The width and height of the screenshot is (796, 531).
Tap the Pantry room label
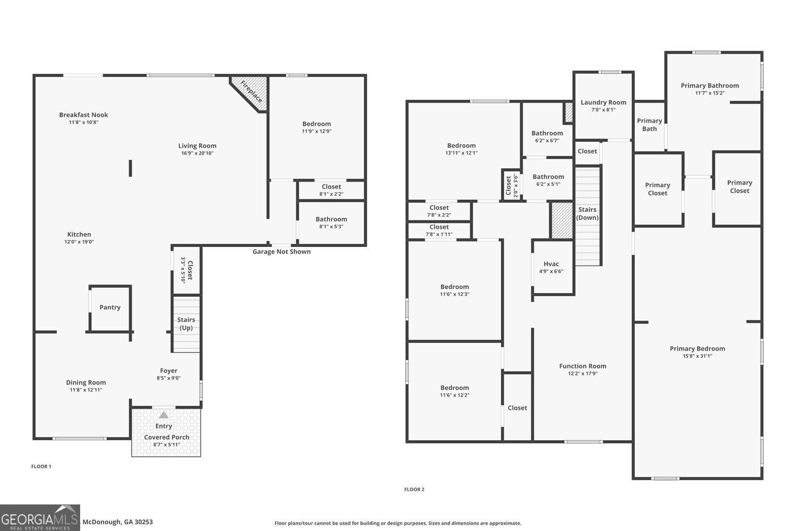point(110,307)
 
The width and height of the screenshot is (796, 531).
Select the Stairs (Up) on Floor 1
point(186,324)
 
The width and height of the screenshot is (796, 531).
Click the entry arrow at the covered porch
point(164,415)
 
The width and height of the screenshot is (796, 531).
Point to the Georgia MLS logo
point(40,518)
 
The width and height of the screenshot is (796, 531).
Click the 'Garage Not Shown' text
point(281,252)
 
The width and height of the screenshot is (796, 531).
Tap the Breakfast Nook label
point(83,115)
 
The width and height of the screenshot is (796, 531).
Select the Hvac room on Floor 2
point(551,267)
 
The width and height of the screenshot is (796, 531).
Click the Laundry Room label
point(603,102)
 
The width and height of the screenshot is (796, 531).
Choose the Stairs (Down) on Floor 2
point(587,213)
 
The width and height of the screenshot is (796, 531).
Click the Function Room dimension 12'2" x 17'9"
point(583,374)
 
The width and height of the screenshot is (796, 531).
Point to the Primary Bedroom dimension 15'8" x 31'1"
point(697,356)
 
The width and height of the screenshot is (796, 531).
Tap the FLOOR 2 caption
point(414,490)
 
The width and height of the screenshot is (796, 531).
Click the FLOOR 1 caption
point(41,467)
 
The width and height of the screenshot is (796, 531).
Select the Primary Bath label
point(650,125)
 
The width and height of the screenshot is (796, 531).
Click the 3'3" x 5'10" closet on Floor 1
point(187,270)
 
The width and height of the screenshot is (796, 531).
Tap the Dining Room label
point(86,382)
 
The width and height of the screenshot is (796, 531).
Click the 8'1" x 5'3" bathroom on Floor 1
point(331,222)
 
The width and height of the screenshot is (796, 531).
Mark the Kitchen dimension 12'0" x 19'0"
point(79,242)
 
